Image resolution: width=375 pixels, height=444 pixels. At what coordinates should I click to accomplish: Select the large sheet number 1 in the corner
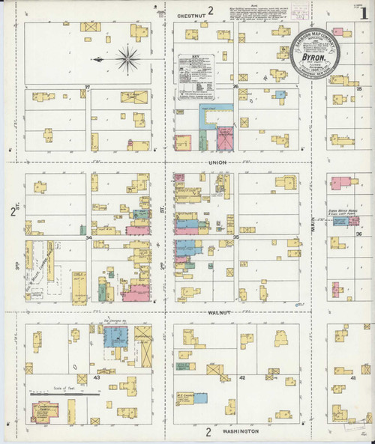coord(363,14)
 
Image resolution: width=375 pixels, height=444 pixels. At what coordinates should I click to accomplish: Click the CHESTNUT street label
coord(190,13)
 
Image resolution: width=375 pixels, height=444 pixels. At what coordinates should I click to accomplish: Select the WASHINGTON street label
coord(240,432)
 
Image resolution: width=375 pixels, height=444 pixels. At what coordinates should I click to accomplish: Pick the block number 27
coord(88,88)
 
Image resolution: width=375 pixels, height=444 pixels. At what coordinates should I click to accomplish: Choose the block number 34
coord(88,238)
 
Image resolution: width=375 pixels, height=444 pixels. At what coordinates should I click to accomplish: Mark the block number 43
coord(97,377)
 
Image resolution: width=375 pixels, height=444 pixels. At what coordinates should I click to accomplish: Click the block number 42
coord(242,378)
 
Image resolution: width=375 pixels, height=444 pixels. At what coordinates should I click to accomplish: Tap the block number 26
coord(235,88)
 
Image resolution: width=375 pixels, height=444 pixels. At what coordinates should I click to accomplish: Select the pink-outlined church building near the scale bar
coord(45,411)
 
